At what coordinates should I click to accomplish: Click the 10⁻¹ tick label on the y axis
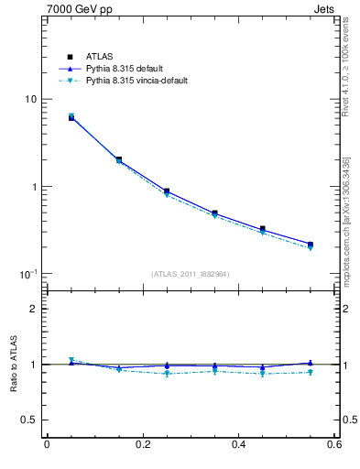coord(28,274)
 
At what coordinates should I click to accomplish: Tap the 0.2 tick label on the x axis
coord(142,445)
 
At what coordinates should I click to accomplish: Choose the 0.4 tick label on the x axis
coord(238,445)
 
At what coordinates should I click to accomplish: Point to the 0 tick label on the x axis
coord(47,445)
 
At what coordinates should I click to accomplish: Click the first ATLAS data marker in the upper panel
coord(71,117)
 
